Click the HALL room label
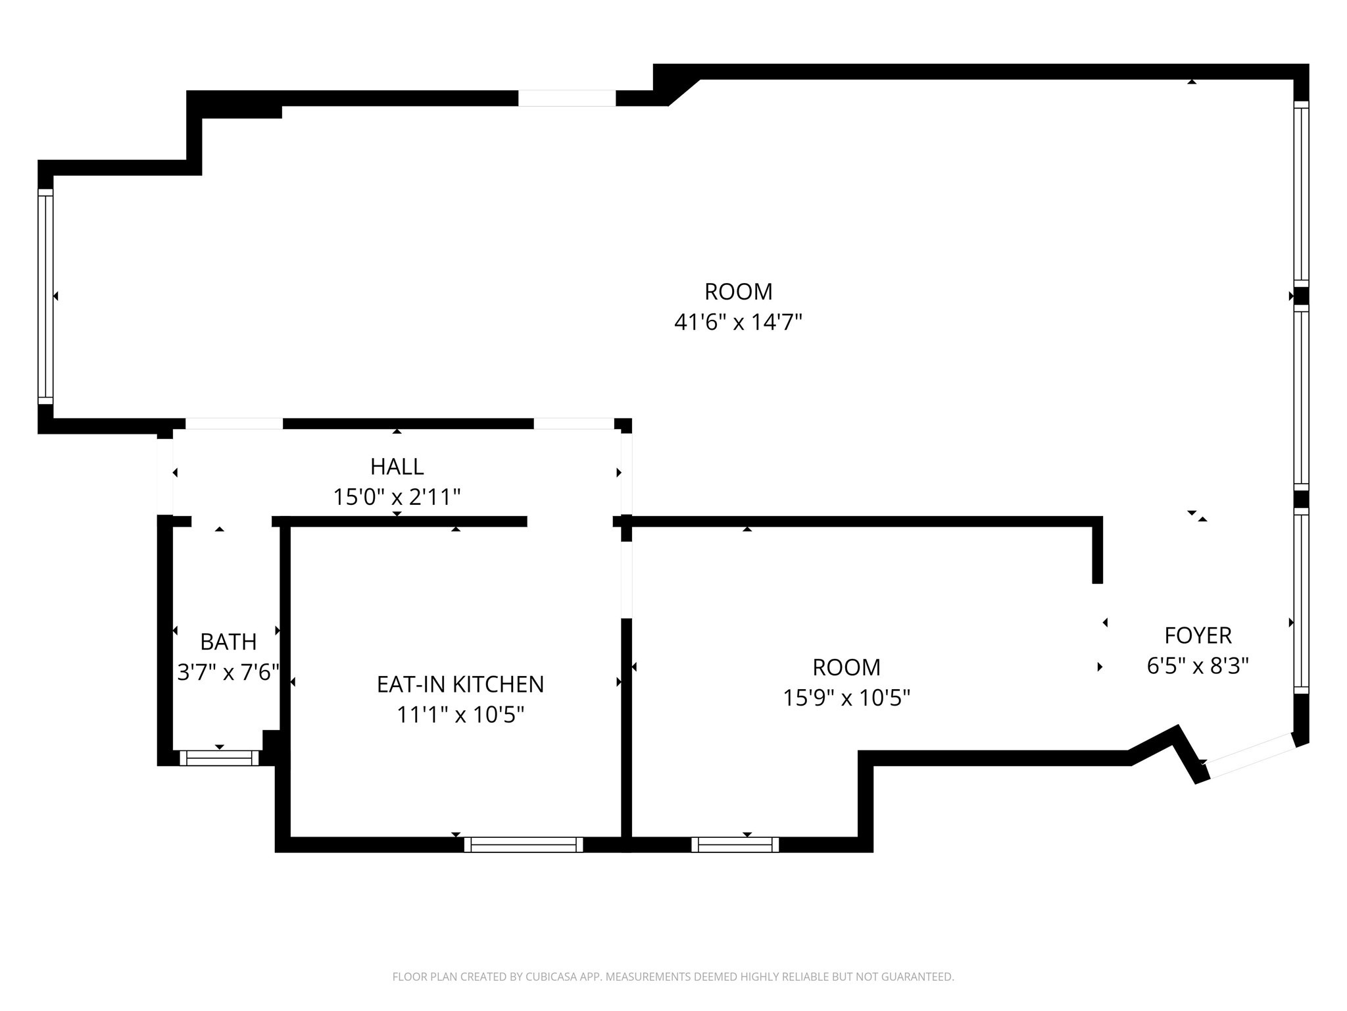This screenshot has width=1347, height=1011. point(397,467)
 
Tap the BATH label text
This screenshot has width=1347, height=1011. point(228,642)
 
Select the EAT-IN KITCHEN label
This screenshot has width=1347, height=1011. point(460,685)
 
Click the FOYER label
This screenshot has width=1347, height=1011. point(1197,636)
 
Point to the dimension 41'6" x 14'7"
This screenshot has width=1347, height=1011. point(738,323)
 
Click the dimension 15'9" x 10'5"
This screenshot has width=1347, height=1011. point(846,698)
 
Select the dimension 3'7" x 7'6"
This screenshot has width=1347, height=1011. point(228,673)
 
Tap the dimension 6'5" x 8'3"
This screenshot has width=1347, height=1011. point(1197,666)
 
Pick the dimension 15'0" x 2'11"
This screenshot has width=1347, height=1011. point(397,497)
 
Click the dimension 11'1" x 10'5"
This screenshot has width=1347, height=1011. point(460,715)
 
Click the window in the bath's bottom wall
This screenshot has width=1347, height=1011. point(219,758)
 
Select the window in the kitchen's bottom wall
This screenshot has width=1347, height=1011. point(524,844)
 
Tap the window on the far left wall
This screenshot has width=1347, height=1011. point(45,296)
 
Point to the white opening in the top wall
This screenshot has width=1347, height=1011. point(567,98)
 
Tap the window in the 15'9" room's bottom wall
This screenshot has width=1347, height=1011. point(735,844)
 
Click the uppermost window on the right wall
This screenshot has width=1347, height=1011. point(1301,194)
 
